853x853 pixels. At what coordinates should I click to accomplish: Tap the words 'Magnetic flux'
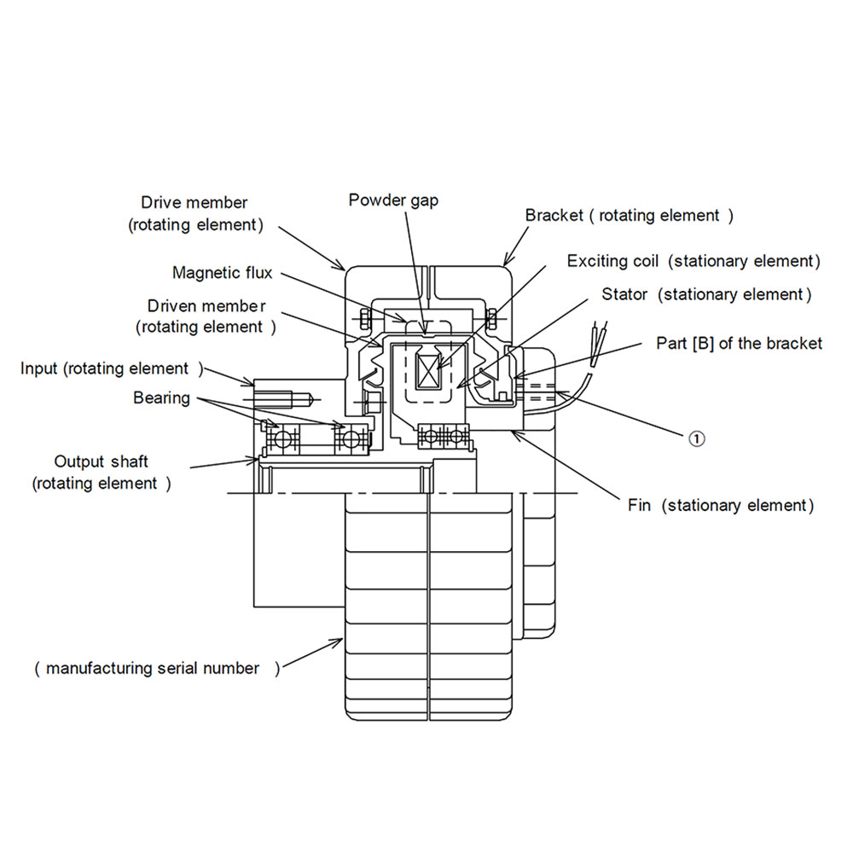(223, 273)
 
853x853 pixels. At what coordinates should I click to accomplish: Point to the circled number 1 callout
(697, 438)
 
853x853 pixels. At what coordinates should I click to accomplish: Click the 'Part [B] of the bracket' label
(739, 343)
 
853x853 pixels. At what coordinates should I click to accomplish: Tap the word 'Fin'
(640, 506)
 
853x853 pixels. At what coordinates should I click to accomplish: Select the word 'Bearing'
(161, 397)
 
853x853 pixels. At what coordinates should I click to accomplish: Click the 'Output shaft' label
(102, 461)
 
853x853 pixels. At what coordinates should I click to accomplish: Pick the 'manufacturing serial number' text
(153, 669)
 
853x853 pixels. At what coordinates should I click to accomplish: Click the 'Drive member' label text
(194, 203)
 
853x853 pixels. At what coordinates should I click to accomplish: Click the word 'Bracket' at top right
(554, 216)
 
